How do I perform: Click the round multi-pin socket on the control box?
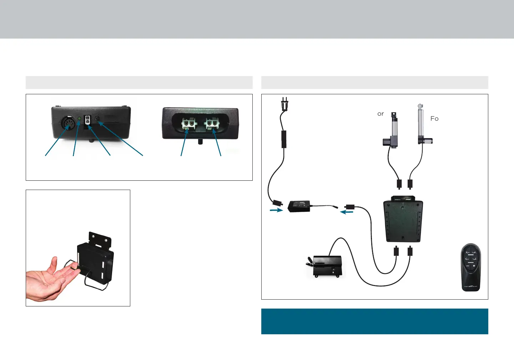click(x=67, y=124)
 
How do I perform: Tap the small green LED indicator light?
click(x=79, y=119)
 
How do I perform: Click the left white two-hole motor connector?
click(x=188, y=124)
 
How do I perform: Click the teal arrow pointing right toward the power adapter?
click(x=276, y=210)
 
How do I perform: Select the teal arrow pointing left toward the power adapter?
click(x=347, y=212)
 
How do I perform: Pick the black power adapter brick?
click(x=299, y=206)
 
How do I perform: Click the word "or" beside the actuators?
click(x=381, y=114)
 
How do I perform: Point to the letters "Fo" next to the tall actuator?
click(x=434, y=119)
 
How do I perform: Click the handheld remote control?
click(x=471, y=267)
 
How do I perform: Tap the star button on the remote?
click(x=474, y=266)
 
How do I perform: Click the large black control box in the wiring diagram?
click(x=403, y=220)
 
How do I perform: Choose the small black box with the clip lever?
click(x=327, y=266)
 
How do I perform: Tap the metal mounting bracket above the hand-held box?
click(x=100, y=239)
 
